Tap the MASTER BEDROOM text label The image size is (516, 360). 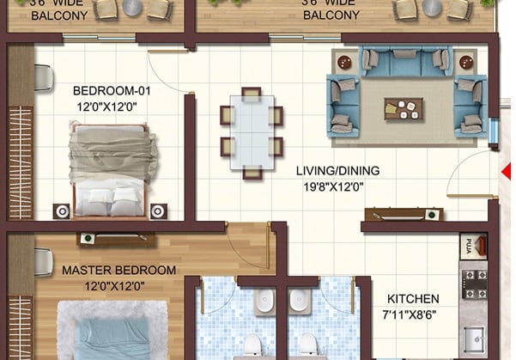tap(118, 270)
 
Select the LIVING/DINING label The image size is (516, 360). tap(337, 170)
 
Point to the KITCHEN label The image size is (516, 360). tap(412, 298)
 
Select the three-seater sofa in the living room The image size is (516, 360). tap(404, 62)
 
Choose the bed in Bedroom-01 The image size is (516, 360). tap(112, 168)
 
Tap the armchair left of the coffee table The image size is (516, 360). tap(344, 101)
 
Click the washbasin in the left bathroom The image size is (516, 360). tap(264, 300)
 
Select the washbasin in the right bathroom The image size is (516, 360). tap(299, 300)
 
